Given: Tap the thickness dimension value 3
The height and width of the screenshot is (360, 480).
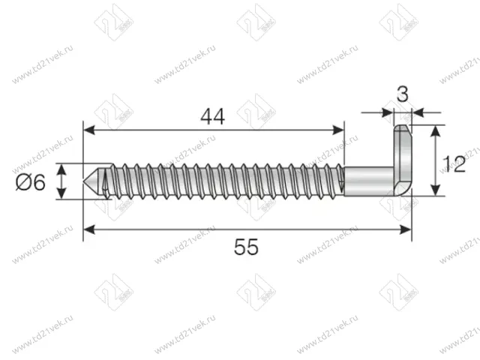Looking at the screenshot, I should click(403, 94).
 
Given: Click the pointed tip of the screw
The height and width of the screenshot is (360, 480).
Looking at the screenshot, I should click(88, 182).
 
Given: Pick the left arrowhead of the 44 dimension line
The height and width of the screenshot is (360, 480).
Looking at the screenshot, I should click(88, 130).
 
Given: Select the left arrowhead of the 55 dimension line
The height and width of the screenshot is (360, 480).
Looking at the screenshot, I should click(88, 228).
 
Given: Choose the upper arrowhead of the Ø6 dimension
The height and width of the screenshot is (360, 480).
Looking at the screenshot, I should click(63, 169).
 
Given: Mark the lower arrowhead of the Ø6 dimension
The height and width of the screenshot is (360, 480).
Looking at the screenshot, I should click(63, 194).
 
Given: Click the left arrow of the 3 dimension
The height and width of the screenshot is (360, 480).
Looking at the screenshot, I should click(388, 113).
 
